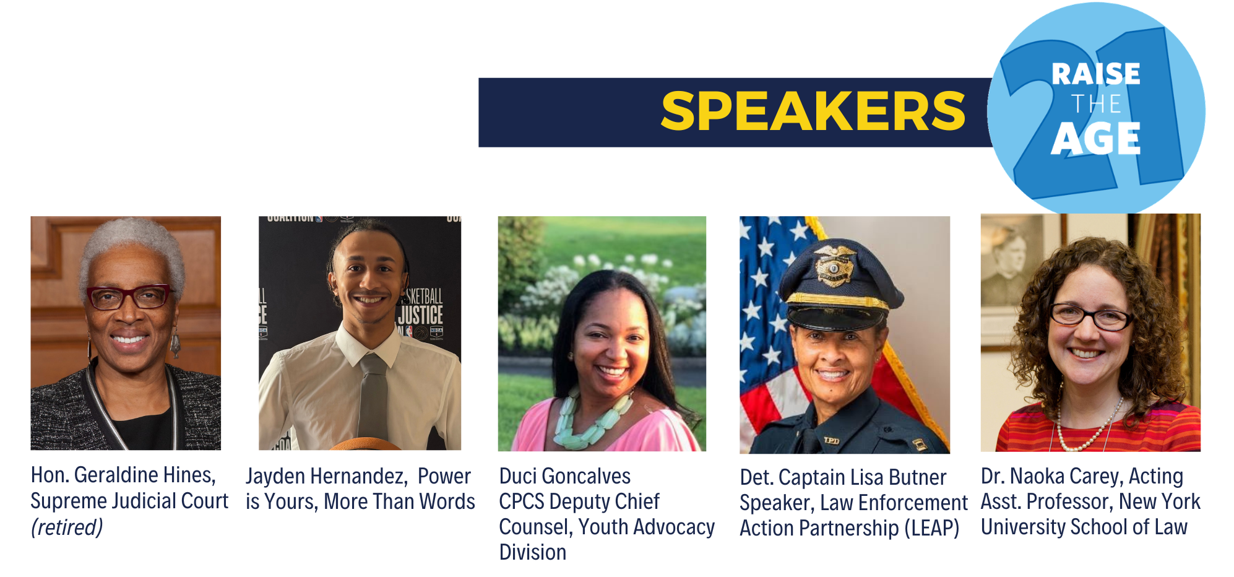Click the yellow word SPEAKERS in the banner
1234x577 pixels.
click(x=813, y=112)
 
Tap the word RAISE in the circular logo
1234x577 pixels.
click(x=1095, y=74)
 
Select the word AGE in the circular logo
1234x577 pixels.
click(x=1095, y=139)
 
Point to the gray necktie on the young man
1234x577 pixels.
click(x=373, y=396)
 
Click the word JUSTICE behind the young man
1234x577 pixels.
click(x=420, y=315)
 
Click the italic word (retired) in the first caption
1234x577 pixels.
click(x=67, y=527)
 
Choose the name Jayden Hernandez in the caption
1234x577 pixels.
click(x=326, y=476)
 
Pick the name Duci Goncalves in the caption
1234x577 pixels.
click(x=564, y=476)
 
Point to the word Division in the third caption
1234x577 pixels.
click(x=532, y=552)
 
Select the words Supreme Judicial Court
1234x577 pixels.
click(x=129, y=501)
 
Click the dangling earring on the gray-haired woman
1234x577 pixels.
click(x=175, y=344)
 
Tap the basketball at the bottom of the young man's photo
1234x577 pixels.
click(x=365, y=444)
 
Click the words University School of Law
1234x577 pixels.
click(x=1084, y=527)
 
